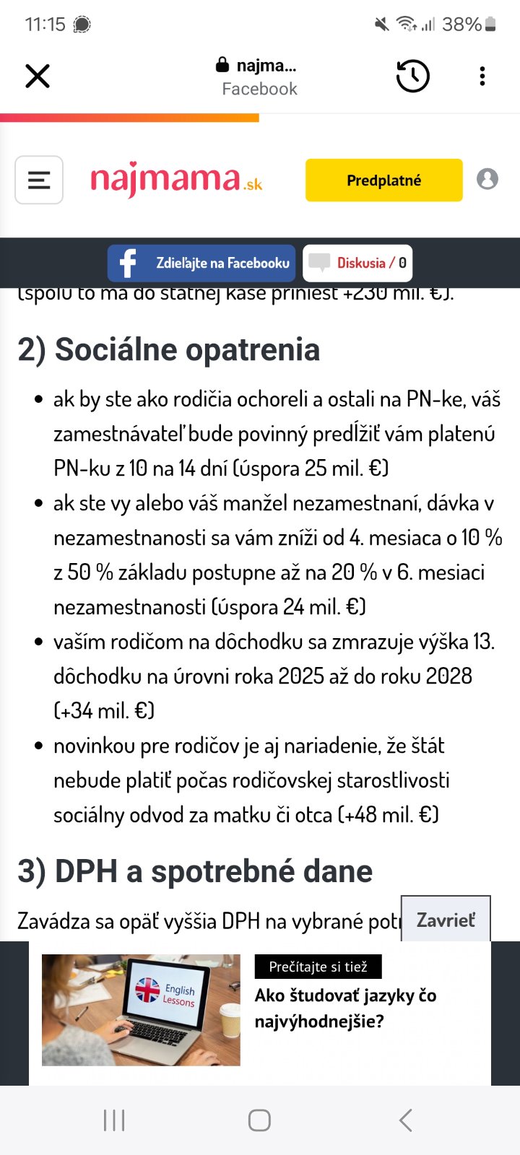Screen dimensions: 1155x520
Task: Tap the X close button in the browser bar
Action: point(38,76)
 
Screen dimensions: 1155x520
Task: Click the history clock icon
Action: point(413,76)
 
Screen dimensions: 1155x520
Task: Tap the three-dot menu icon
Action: point(482,76)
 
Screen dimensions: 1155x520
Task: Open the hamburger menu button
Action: point(39,180)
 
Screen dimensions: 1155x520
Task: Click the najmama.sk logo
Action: point(176,180)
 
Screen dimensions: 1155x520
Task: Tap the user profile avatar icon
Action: point(487,179)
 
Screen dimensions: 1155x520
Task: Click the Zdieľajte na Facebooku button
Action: point(201,263)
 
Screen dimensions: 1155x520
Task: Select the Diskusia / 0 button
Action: point(358,263)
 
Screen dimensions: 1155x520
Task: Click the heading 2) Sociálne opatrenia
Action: point(169,349)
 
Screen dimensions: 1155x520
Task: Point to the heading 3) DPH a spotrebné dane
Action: point(195,871)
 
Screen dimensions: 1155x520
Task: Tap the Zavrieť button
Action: point(446,920)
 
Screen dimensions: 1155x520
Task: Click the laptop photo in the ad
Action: point(141,1010)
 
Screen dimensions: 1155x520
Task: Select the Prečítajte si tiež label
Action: point(318,967)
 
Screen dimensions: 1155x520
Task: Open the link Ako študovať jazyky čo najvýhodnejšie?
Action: point(345,1008)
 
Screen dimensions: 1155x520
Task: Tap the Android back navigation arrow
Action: point(406,1120)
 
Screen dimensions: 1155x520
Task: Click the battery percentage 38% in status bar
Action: point(461,25)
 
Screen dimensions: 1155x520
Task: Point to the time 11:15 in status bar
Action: point(45,25)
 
